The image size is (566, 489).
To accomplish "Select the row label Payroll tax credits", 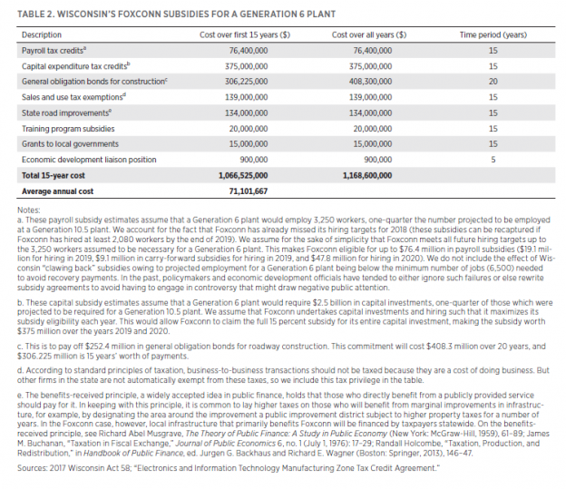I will pyautogui.click(x=53, y=51).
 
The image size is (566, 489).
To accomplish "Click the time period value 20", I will pyautogui.click(x=493, y=82).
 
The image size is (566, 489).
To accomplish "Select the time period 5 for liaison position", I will pyautogui.click(x=493, y=159).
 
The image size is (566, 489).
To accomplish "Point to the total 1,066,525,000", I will pyautogui.click(x=239, y=174).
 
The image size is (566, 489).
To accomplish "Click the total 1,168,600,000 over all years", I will pyautogui.click(x=367, y=174).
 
